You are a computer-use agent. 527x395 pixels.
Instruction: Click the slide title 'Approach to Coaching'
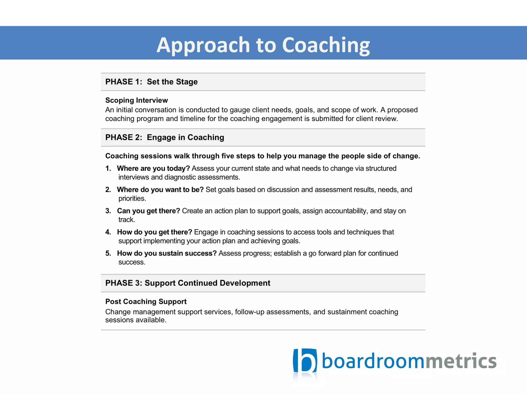[x=263, y=45]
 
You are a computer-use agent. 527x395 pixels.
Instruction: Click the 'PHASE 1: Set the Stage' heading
[x=151, y=82]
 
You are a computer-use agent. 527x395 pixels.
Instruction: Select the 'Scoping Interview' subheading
[x=136, y=100]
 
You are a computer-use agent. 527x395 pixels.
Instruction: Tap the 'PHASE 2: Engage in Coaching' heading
[x=165, y=137]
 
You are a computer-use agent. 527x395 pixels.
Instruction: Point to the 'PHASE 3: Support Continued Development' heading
[x=188, y=283]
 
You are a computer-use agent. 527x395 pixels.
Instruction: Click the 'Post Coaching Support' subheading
[x=146, y=301]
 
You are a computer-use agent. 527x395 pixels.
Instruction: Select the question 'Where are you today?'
[x=153, y=168]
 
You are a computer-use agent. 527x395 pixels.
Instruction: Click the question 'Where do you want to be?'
[x=160, y=190]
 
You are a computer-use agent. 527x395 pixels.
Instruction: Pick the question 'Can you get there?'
[x=148, y=211]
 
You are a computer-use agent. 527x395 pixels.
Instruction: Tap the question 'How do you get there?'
[x=154, y=232]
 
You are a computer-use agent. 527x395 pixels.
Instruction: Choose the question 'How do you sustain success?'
[x=167, y=253]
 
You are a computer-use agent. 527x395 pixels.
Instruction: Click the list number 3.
[x=108, y=211]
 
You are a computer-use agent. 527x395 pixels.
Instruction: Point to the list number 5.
[x=108, y=253]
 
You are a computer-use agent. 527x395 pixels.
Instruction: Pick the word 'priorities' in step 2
[x=132, y=199]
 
